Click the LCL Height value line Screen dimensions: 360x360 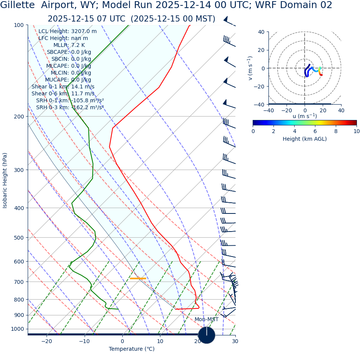point(67,32)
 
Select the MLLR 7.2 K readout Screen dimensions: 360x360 point(69,45)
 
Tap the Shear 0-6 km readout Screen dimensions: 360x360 point(63,93)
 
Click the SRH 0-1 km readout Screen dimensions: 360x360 point(70,101)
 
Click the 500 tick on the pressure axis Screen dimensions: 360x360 point(18,238)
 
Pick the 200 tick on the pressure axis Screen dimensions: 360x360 point(18,117)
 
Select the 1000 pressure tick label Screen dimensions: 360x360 point(17,329)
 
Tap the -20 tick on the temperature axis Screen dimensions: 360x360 point(47,342)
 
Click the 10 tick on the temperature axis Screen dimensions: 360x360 point(160,342)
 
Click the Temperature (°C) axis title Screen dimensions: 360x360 point(132,349)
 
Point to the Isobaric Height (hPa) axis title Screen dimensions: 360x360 point(5,180)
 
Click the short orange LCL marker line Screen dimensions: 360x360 point(138,278)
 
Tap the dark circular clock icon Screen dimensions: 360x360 point(207,335)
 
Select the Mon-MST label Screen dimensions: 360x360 point(206,320)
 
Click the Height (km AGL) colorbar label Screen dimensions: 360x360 point(305,139)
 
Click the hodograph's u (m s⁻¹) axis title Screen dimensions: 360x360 point(305,116)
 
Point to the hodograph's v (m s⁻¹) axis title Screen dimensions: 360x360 point(250,68)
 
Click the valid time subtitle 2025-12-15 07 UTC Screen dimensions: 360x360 point(132,19)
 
